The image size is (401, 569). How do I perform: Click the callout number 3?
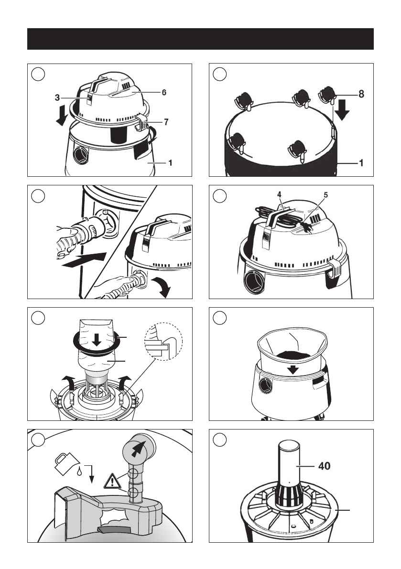[57, 97]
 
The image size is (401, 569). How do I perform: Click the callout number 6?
[164, 93]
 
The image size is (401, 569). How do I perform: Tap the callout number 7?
[166, 122]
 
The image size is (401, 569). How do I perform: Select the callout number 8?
[361, 94]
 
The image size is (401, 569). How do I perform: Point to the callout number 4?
[279, 194]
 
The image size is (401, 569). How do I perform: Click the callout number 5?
[325, 195]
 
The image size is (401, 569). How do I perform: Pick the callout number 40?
[325, 466]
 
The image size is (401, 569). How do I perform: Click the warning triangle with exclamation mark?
[112, 481]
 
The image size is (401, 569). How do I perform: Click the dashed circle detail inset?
[163, 341]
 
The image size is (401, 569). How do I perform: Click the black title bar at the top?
[200, 39]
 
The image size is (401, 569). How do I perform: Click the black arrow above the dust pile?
[293, 369]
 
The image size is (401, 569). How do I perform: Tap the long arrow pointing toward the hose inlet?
[84, 260]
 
